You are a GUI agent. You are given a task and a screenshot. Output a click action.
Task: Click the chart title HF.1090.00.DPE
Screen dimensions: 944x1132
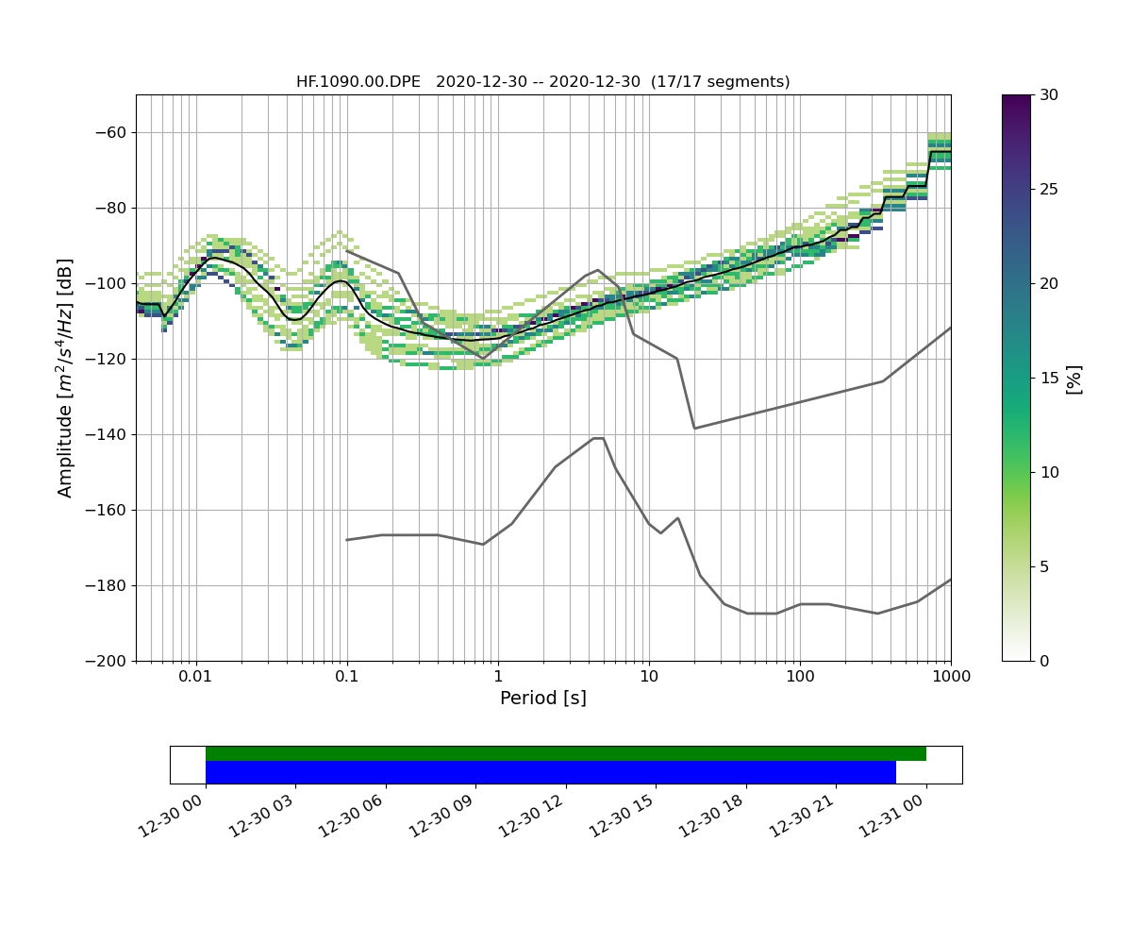coord(358,82)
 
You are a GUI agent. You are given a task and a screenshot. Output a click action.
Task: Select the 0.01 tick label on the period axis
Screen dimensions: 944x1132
coord(195,676)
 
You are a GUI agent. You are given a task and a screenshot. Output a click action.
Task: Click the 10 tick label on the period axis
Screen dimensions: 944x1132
coord(649,676)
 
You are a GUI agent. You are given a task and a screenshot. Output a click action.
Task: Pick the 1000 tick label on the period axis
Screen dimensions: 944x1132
coord(950,676)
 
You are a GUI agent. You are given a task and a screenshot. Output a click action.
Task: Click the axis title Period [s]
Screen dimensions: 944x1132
coord(543,699)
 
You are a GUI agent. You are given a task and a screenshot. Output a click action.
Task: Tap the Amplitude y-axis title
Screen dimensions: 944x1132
coord(65,378)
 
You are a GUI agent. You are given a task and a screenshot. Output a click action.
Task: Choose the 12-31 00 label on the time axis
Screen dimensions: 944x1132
coord(891,814)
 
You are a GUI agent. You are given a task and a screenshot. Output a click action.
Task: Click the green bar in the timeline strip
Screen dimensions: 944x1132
coord(566,753)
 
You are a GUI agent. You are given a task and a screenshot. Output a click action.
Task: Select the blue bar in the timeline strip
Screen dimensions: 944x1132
coord(551,772)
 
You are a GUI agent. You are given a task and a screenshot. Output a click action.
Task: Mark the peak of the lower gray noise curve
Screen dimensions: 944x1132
coord(598,438)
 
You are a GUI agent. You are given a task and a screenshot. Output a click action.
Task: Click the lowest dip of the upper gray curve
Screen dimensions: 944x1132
coord(695,428)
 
